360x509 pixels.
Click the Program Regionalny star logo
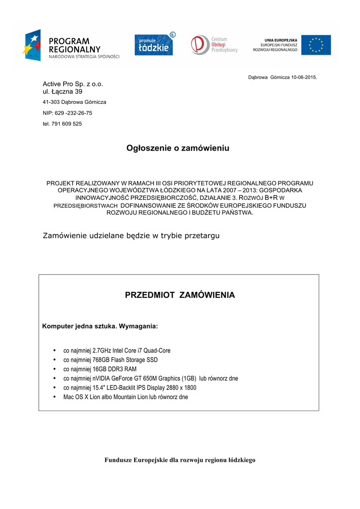tap(31, 45)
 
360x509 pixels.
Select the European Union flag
tap(316, 45)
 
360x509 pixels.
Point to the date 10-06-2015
tap(304, 78)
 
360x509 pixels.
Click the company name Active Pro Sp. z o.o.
tap(73, 84)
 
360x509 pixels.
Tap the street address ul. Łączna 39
tap(63, 91)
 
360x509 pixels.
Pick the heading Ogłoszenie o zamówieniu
tap(178, 148)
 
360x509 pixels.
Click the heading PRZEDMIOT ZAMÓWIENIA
tap(180, 295)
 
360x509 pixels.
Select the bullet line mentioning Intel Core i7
tap(117, 350)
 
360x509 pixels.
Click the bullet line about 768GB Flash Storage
tap(110, 359)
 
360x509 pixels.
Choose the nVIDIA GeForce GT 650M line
tap(150, 378)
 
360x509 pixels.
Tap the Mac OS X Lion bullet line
tap(125, 397)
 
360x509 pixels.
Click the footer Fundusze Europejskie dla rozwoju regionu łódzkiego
tap(180, 460)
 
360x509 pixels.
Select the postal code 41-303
tap(51, 102)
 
